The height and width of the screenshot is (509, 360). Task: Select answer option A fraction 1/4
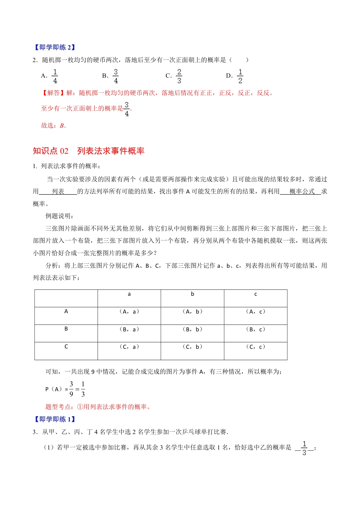click(55, 76)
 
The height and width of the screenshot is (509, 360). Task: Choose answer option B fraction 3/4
click(116, 76)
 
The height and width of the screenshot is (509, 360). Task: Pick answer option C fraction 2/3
click(179, 76)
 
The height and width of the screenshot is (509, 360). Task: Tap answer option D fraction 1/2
click(240, 76)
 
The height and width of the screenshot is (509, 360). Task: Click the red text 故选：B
click(53, 126)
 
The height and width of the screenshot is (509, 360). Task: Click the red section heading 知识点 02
click(50, 151)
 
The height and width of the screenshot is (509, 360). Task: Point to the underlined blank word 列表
click(58, 192)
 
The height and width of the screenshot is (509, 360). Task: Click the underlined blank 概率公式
click(302, 192)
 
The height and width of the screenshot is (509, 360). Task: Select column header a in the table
click(129, 294)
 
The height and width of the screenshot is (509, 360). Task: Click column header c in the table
click(256, 294)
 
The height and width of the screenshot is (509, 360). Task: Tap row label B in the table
click(66, 329)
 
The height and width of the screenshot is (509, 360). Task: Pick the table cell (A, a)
click(129, 312)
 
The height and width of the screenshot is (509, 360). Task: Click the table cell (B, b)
click(193, 329)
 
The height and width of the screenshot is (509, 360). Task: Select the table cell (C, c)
click(256, 347)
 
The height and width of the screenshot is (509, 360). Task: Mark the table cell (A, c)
click(256, 312)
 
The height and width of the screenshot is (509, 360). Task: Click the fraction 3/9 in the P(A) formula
click(71, 389)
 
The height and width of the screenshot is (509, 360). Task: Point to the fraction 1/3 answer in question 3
click(304, 448)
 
